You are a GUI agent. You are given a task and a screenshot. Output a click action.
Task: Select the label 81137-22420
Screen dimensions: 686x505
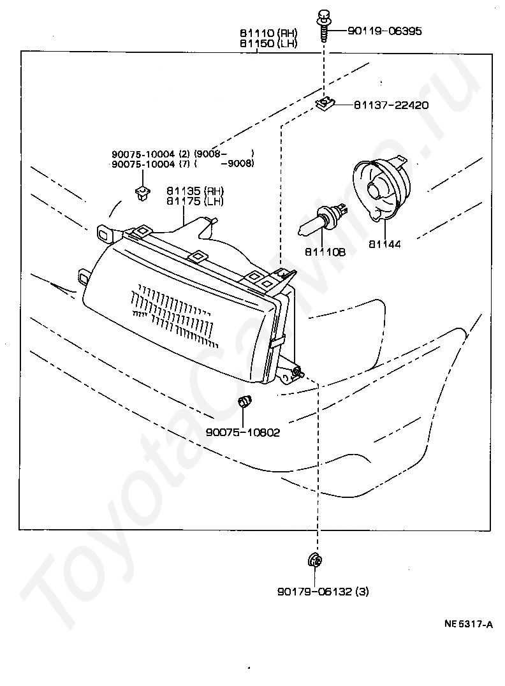[391, 105]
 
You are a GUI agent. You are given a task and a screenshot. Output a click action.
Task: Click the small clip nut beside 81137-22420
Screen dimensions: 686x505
[326, 103]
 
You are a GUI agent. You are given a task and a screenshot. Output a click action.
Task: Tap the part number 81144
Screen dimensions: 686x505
[384, 244]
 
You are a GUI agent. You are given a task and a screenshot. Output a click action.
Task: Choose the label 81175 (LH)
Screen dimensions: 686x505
[196, 201]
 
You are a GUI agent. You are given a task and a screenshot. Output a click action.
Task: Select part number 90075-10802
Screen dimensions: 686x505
[243, 432]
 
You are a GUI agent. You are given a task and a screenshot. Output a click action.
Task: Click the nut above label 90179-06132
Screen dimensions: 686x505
[314, 560]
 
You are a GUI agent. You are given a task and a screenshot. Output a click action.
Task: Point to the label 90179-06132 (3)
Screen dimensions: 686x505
[323, 592]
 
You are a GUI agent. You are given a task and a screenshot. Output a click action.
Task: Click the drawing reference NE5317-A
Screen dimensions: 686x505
[468, 624]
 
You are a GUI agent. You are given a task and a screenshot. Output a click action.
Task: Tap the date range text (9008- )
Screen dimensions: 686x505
[224, 154]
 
